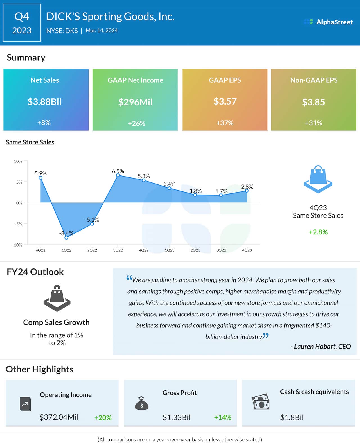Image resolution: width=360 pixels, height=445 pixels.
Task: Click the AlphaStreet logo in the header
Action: point(328,22)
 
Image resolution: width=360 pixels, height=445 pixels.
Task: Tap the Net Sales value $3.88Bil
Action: point(44,101)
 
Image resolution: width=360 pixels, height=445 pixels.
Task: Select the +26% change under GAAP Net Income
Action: point(136,123)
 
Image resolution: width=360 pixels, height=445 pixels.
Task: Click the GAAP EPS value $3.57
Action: point(225,101)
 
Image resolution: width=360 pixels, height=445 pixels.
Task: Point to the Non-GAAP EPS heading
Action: point(314,80)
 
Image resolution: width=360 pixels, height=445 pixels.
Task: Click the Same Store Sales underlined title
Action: point(30,142)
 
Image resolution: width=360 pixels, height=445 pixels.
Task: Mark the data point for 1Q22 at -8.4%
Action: point(66,238)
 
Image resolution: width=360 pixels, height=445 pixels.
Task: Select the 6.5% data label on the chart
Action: point(118,171)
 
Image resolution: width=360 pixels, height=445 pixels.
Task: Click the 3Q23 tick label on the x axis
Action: point(221,250)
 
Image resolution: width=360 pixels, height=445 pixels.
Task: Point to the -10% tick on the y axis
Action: point(17,245)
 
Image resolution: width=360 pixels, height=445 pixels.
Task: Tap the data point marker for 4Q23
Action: point(247,191)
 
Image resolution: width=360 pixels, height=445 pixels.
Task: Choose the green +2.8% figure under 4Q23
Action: point(318,232)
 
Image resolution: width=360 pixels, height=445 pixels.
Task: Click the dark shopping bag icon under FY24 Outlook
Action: point(57,298)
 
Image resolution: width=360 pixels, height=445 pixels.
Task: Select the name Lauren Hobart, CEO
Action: point(321,346)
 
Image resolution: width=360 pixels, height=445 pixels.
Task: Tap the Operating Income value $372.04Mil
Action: point(59,417)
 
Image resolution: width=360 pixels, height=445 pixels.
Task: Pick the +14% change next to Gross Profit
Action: point(222,417)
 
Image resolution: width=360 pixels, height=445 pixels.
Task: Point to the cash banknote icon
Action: point(260,402)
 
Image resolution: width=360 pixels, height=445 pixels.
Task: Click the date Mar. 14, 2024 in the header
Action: point(102,31)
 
